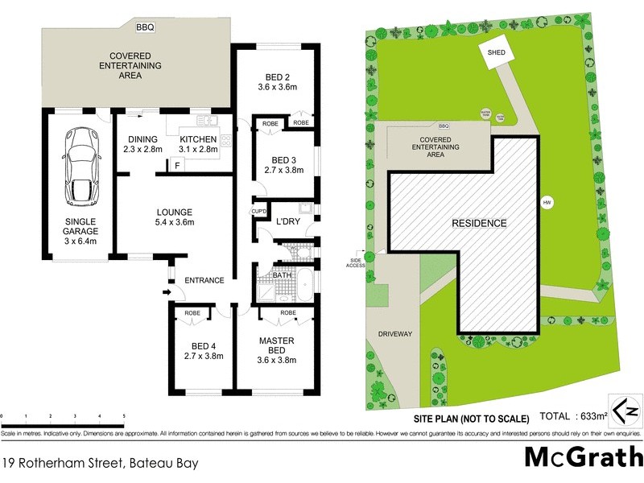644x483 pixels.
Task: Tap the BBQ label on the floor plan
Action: tap(145, 27)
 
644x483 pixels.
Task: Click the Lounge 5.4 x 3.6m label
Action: tap(175, 217)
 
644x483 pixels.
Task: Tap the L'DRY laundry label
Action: tap(287, 221)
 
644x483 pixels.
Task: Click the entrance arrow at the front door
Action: tap(167, 292)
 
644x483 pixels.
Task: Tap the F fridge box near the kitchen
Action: tap(176, 166)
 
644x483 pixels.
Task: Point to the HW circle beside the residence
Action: tap(547, 201)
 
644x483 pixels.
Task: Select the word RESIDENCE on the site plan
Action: tap(478, 223)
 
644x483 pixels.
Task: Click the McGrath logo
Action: tap(581, 456)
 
